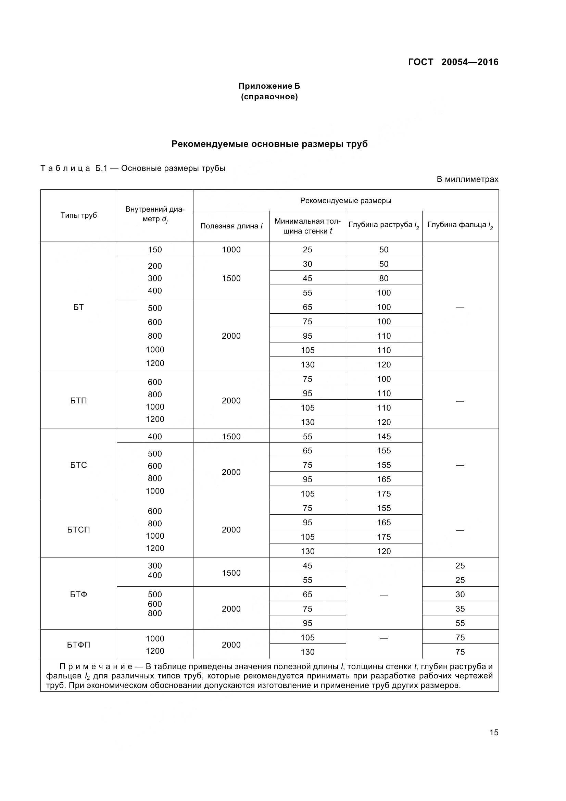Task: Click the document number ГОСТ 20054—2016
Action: pyautogui.click(x=453, y=62)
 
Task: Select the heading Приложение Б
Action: pyautogui.click(x=269, y=86)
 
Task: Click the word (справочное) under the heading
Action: pyautogui.click(x=269, y=97)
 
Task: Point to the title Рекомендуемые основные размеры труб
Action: pyautogui.click(x=269, y=144)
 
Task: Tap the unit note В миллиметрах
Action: pyautogui.click(x=467, y=179)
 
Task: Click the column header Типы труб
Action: pyautogui.click(x=78, y=215)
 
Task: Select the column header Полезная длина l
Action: pyautogui.click(x=231, y=226)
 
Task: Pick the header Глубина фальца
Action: pyautogui.click(x=460, y=225)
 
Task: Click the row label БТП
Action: pyautogui.click(x=78, y=401)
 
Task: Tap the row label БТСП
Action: pyautogui.click(x=78, y=529)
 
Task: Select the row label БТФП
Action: pyautogui.click(x=78, y=645)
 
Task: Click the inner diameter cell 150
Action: pyautogui.click(x=155, y=249)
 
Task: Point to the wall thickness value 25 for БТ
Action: pyautogui.click(x=307, y=249)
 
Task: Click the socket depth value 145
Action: pyautogui.click(x=383, y=436)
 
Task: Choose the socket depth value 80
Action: pyautogui.click(x=383, y=278)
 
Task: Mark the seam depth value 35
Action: pyautogui.click(x=460, y=609)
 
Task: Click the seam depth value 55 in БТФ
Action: pyautogui.click(x=460, y=623)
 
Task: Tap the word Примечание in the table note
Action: pyautogui.click(x=96, y=667)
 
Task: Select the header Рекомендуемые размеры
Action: pyautogui.click(x=345, y=201)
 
